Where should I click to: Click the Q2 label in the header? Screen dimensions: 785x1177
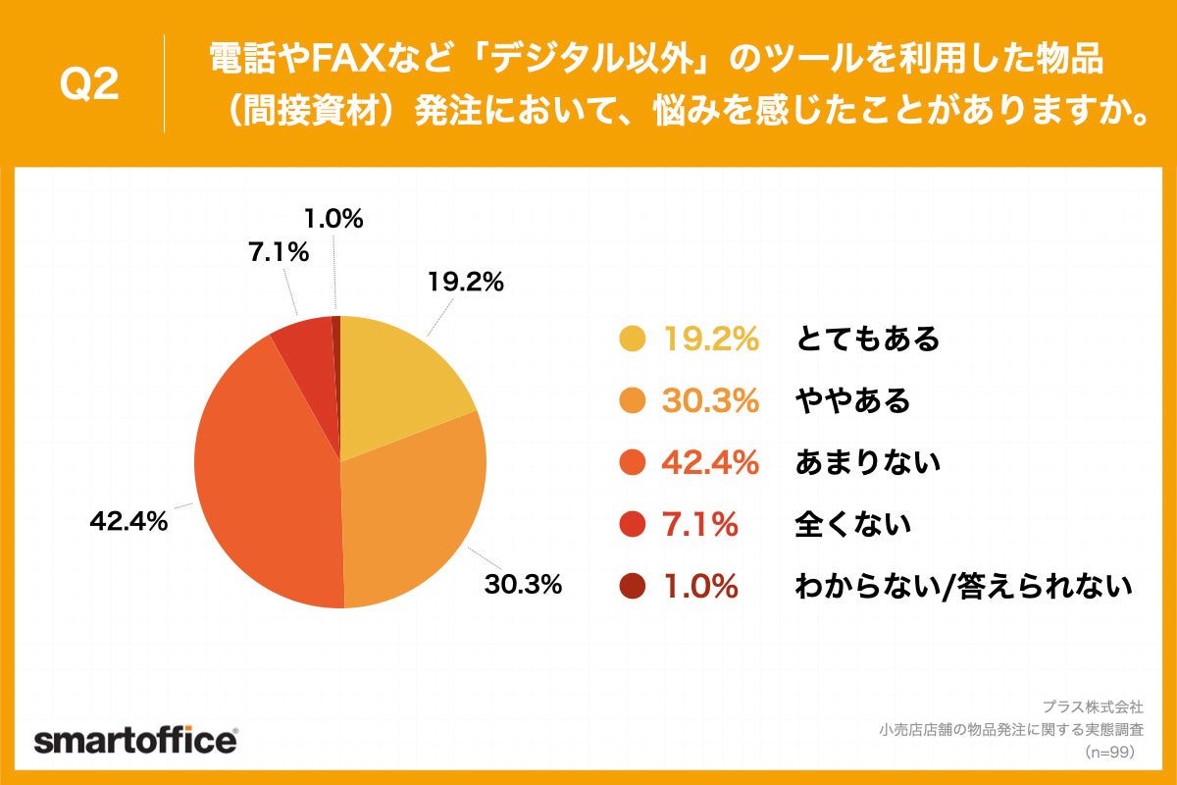pyautogui.click(x=89, y=86)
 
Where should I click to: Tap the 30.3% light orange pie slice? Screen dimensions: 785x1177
pyautogui.click(x=412, y=520)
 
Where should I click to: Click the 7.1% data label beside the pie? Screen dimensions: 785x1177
pyautogui.click(x=279, y=252)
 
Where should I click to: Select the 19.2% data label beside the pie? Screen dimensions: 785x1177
pyautogui.click(x=464, y=283)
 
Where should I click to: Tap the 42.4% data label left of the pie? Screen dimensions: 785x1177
pyautogui.click(x=128, y=522)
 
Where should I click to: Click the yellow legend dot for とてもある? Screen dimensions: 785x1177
pyautogui.click(x=633, y=340)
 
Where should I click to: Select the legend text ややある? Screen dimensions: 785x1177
pyautogui.click(x=852, y=401)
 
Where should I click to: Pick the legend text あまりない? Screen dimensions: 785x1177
pyautogui.click(x=867, y=463)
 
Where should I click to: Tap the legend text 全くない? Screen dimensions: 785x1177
pyautogui.click(x=852, y=525)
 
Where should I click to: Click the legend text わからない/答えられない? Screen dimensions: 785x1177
pyautogui.click(x=963, y=587)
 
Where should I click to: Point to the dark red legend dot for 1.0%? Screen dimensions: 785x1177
pyautogui.click(x=633, y=587)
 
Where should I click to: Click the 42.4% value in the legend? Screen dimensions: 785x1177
pyautogui.click(x=711, y=463)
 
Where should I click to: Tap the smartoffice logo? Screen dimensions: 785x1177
pyautogui.click(x=135, y=741)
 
